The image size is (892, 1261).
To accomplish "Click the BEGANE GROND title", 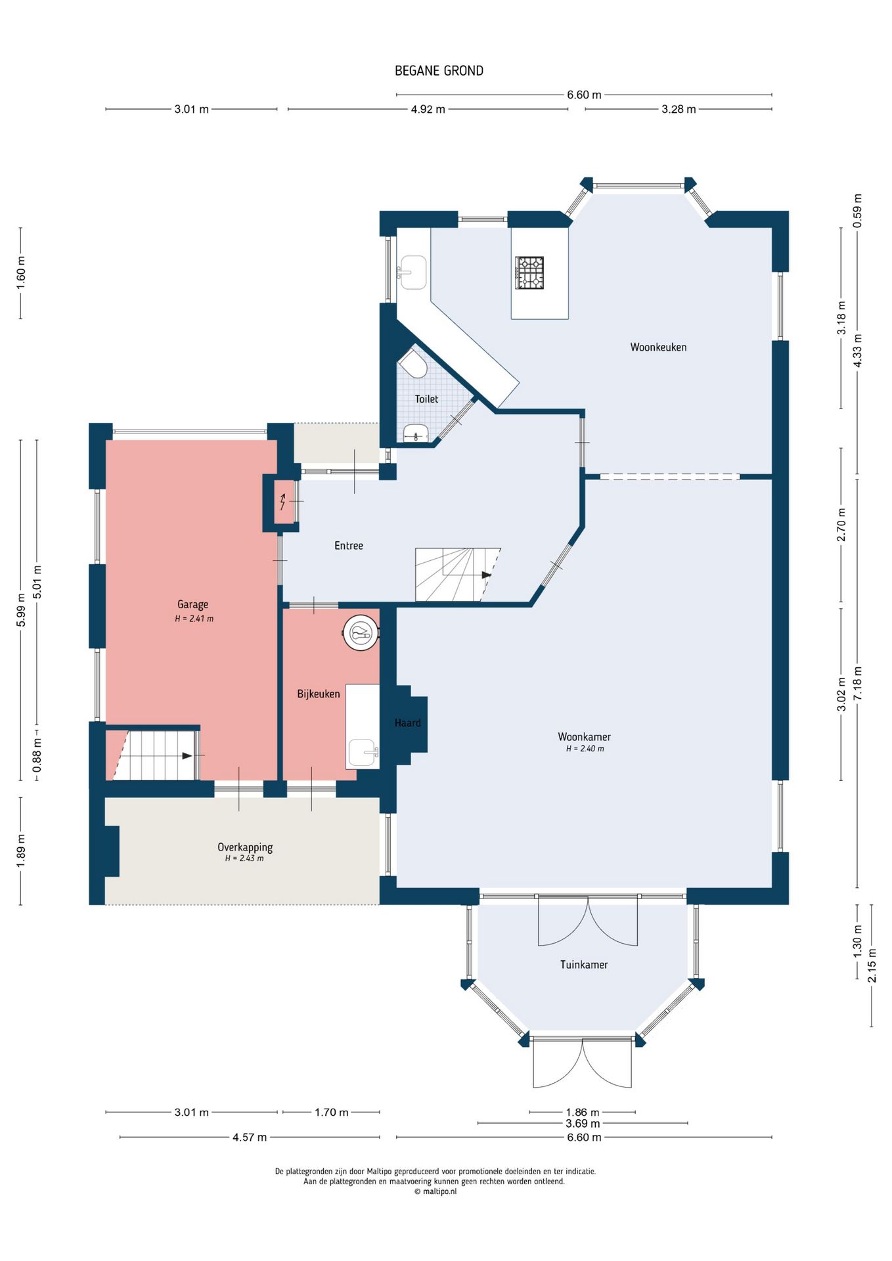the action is click(x=439, y=71).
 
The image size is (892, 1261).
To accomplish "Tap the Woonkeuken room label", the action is click(x=658, y=347).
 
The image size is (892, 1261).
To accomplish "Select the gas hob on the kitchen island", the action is click(x=529, y=273).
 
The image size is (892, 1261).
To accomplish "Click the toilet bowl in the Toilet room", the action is click(x=413, y=363).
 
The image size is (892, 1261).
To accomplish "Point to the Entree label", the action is click(x=348, y=546).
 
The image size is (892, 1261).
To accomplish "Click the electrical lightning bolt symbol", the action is click(x=283, y=502).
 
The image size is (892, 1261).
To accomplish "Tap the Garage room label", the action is click(x=192, y=605).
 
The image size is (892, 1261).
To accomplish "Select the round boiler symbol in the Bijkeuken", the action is click(x=361, y=633).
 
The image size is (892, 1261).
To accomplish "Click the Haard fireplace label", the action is click(x=407, y=723).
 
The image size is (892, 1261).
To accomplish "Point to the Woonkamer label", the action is click(x=584, y=737).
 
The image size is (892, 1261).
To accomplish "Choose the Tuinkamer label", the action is click(x=584, y=965).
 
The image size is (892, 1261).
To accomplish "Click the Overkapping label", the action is click(x=245, y=847).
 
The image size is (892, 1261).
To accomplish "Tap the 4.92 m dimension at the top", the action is click(x=428, y=109).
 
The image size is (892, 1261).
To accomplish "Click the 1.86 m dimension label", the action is click(x=582, y=1113).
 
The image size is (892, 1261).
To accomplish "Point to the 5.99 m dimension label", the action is click(x=21, y=610).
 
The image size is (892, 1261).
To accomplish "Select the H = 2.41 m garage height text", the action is click(x=194, y=619).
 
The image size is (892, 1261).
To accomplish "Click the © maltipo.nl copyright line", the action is click(x=435, y=1191).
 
